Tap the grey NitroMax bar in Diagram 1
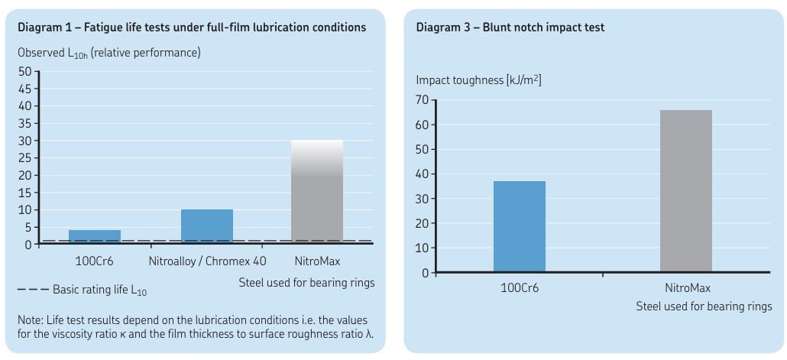click(x=317, y=192)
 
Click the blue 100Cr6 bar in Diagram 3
click(x=520, y=226)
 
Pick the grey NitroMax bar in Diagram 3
click(x=685, y=191)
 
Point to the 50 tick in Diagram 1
click(x=24, y=71)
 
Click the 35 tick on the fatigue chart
click(x=24, y=123)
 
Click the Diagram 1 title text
click(x=191, y=28)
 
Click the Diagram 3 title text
click(x=510, y=28)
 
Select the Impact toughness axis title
click(x=478, y=79)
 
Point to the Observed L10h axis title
click(x=108, y=53)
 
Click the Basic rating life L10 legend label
click(x=99, y=290)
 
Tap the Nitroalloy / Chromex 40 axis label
click(x=208, y=261)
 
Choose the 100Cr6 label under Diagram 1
click(x=95, y=261)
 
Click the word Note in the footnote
click(x=30, y=319)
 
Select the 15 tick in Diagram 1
click(x=26, y=193)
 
